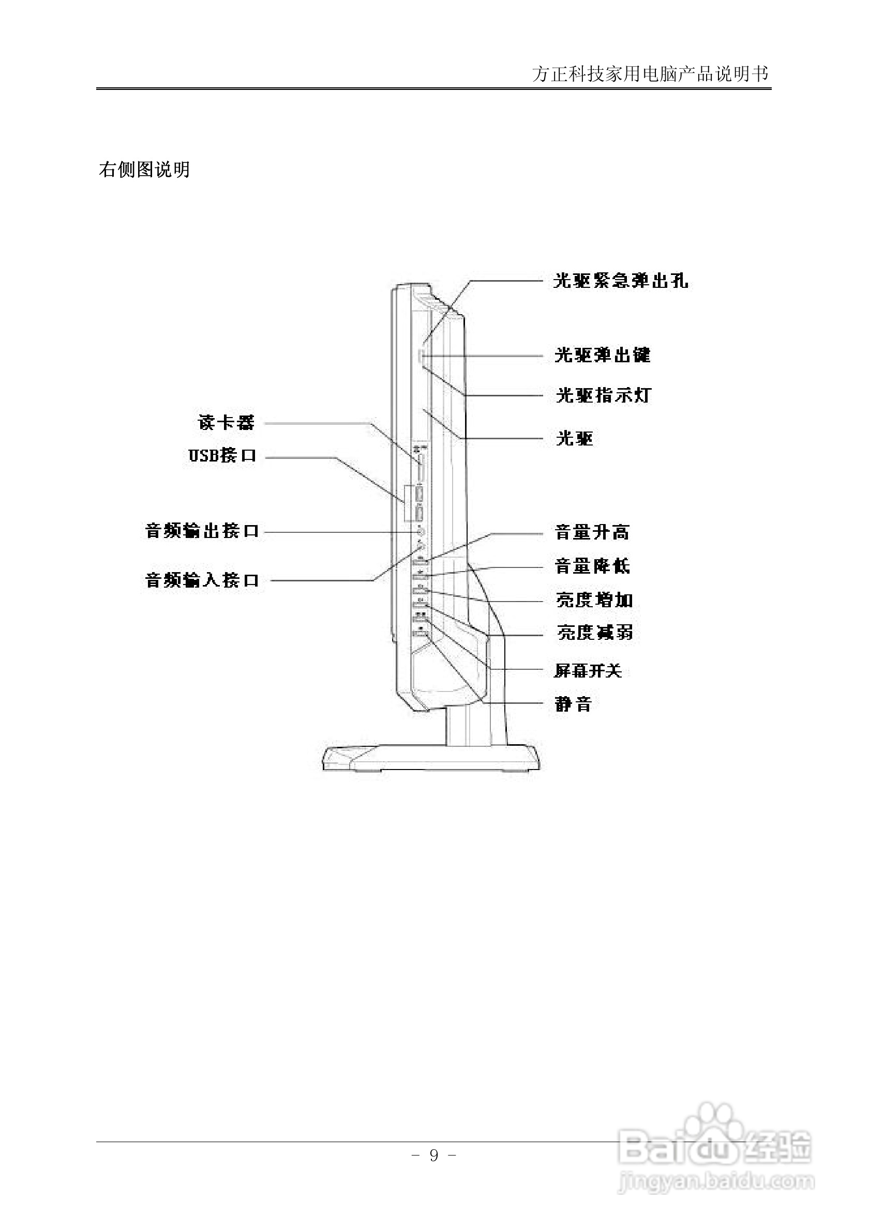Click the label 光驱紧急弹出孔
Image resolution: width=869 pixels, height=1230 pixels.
[x=620, y=281]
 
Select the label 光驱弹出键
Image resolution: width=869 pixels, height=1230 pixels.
[x=602, y=355]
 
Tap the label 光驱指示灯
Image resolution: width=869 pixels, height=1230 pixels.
[x=603, y=395]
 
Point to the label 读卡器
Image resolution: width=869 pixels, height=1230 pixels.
[x=226, y=423]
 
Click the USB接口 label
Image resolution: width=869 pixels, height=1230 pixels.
[x=222, y=456]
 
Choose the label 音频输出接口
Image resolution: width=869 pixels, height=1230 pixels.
[x=202, y=531]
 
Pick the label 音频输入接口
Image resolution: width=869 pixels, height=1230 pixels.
[x=202, y=580]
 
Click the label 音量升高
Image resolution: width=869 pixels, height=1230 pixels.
[x=592, y=532]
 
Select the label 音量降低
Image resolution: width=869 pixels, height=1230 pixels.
[x=592, y=566]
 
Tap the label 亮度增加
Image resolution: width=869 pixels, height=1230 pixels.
[x=594, y=600]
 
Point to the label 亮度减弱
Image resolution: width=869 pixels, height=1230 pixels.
[x=594, y=633]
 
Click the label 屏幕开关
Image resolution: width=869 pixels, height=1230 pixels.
[x=588, y=671]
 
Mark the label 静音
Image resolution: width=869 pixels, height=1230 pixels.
[x=573, y=704]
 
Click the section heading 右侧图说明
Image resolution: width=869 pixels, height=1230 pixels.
[x=144, y=170]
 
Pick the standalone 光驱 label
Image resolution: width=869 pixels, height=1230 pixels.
[x=574, y=439]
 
